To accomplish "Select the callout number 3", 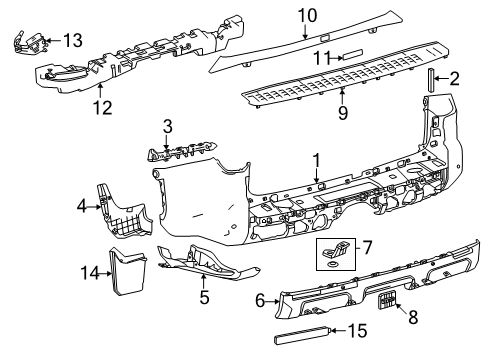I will click(x=168, y=126).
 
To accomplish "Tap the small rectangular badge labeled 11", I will click(x=357, y=57).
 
